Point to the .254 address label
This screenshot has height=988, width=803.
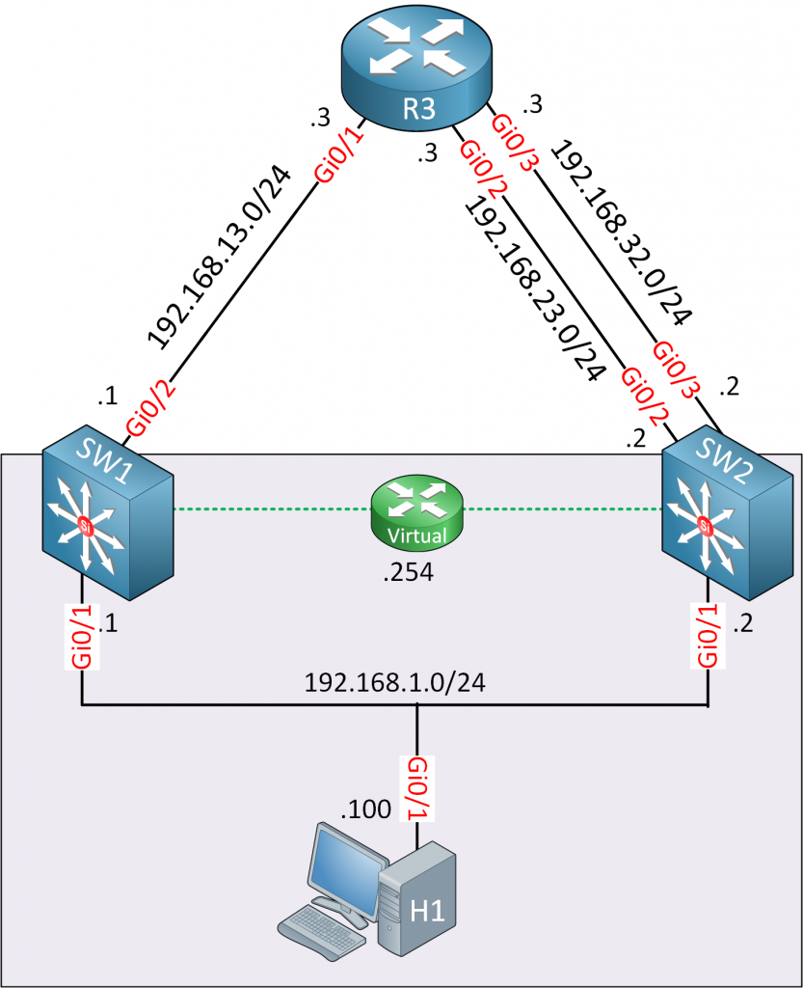(x=408, y=574)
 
